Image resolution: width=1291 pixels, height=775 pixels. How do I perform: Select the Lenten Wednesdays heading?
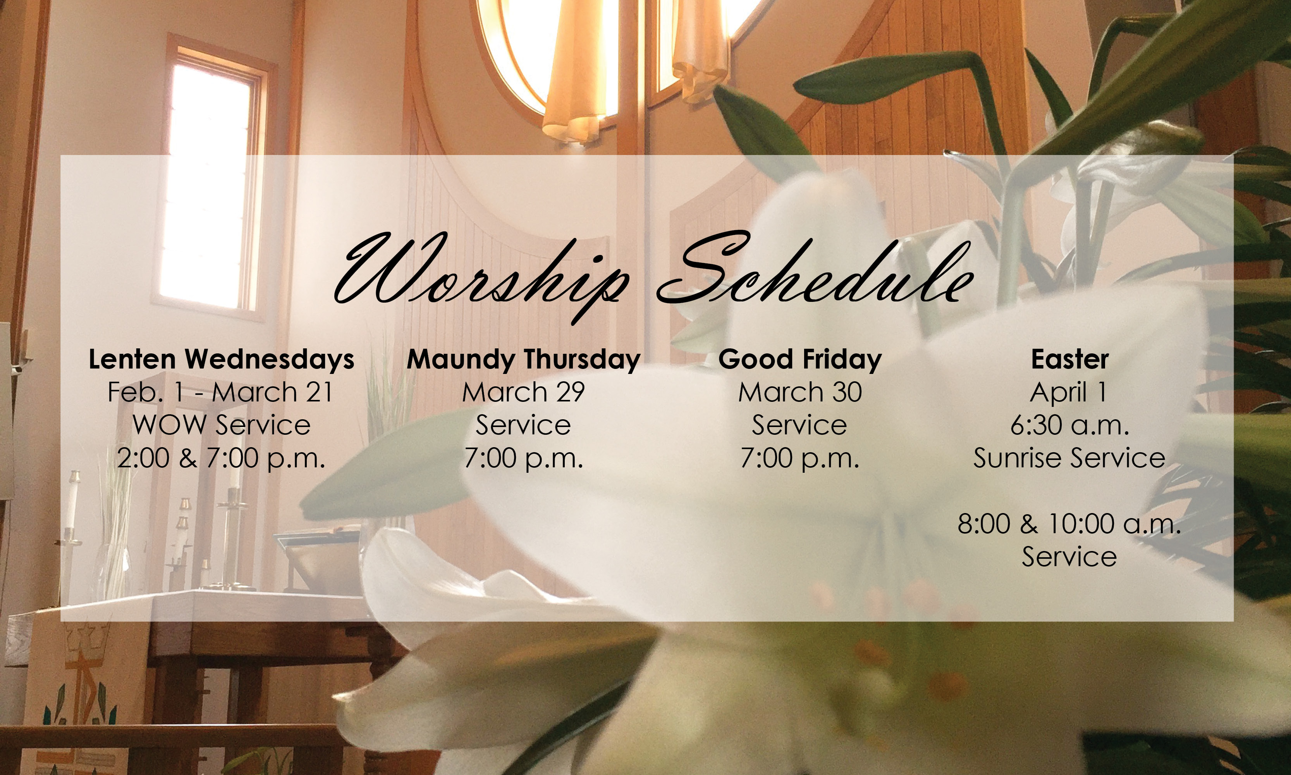(x=221, y=359)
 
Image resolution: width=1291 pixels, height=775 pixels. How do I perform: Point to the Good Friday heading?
(x=800, y=359)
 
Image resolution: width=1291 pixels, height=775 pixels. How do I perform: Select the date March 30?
(x=800, y=392)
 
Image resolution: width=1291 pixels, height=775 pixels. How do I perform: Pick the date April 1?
(x=1068, y=392)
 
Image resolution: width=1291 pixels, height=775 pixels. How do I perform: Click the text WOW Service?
(x=221, y=425)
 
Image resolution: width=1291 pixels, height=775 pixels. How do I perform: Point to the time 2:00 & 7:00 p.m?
(x=221, y=458)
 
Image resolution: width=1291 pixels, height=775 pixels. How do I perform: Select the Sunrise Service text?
(x=1069, y=458)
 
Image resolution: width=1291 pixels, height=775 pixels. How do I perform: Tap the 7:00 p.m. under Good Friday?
(x=800, y=458)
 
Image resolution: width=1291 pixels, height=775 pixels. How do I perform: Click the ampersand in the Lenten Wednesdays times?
(x=188, y=458)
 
